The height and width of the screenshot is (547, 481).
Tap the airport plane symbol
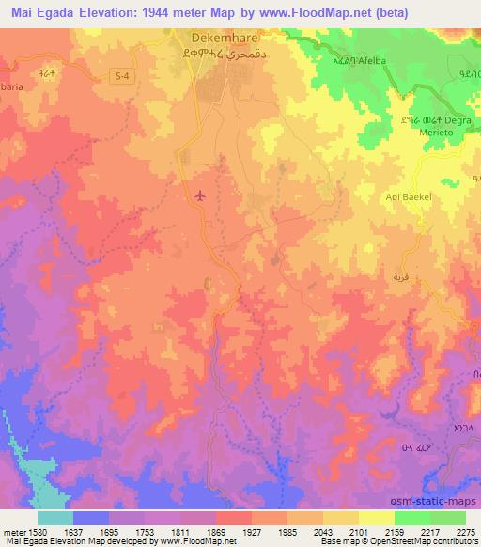(x=199, y=195)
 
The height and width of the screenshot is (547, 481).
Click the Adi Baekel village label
(x=408, y=197)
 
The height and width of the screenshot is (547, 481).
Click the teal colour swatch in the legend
(x=54, y=517)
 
